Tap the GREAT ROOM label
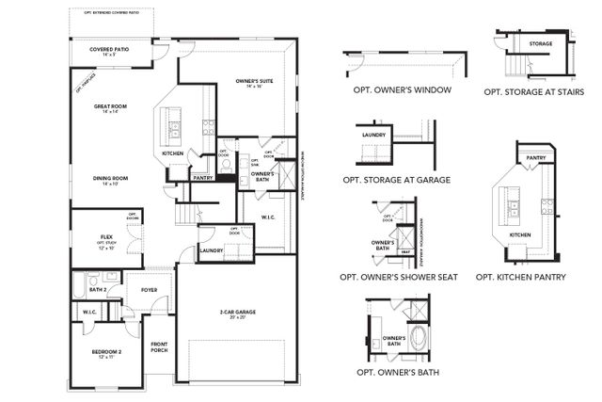coord(110,106)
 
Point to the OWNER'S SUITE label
coord(254,82)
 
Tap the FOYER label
coord(149,291)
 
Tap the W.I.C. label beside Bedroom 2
coord(90,312)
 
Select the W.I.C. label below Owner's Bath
coord(269,217)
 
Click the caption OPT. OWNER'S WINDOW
coord(404,90)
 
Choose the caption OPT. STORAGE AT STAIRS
coord(533,91)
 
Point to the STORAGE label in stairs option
coord(540,43)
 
